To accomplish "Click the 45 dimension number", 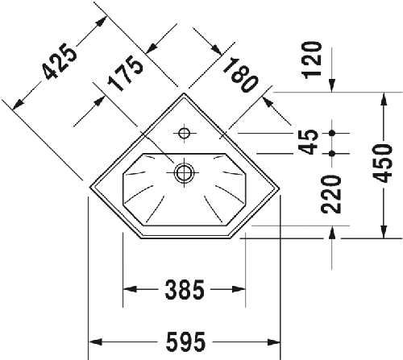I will (308, 142).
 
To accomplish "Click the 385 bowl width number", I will (183, 288).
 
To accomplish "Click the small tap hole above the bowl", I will (185, 132).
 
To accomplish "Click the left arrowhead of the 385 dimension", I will (127, 288).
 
